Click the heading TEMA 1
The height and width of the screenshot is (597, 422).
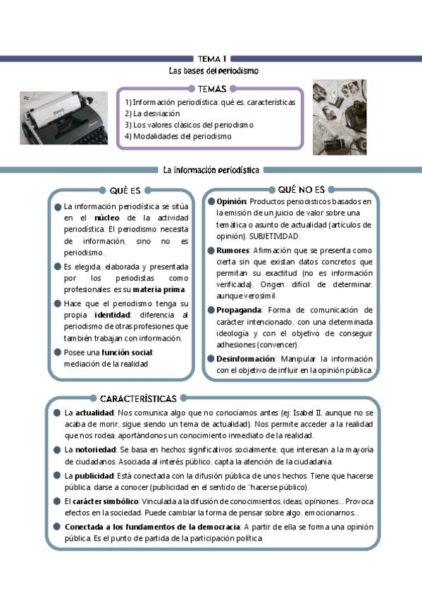[211, 59]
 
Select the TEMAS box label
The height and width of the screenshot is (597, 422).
[212, 89]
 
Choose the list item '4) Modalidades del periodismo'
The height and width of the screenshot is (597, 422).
[178, 136]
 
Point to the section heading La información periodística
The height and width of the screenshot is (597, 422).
[211, 170]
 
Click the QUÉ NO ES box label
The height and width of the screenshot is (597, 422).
[301, 189]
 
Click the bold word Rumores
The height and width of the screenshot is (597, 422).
[232, 250]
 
